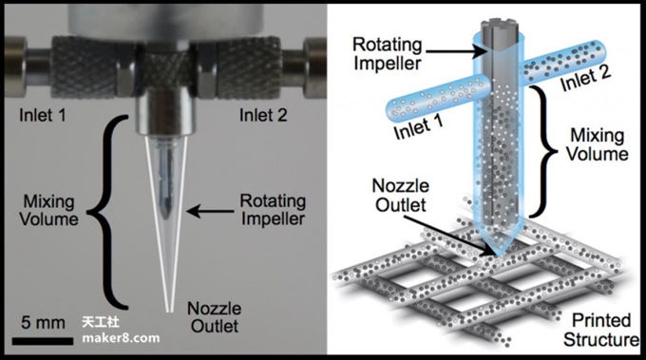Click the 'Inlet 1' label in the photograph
43,115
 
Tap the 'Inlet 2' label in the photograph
263,115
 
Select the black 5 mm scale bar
43,341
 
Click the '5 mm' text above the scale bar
43,323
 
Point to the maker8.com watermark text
121,338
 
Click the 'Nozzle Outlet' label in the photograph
215,317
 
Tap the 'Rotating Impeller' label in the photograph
273,210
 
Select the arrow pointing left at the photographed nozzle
210,211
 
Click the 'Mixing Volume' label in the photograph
48,210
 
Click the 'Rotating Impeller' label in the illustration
387,54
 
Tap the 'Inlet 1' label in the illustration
418,127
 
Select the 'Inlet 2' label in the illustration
585,78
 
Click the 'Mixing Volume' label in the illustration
597,144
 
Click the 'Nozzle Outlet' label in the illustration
401,196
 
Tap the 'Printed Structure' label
601,331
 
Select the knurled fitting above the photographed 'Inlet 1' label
83,66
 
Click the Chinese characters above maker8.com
101,322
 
